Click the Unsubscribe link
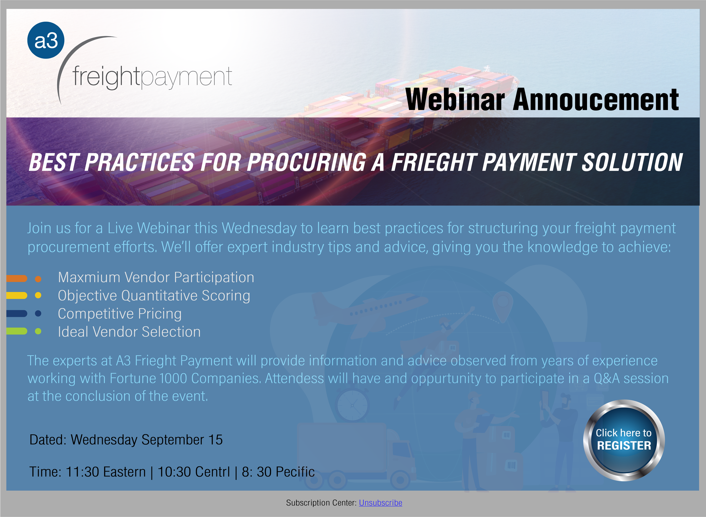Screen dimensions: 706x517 (380, 503)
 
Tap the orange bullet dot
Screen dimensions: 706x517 (38, 279)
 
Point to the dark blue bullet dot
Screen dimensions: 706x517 (38, 313)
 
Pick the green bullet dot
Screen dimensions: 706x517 (38, 331)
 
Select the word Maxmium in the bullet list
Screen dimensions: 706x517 (89, 277)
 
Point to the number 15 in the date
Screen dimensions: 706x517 (216, 440)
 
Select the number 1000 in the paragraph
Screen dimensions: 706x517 (173, 378)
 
